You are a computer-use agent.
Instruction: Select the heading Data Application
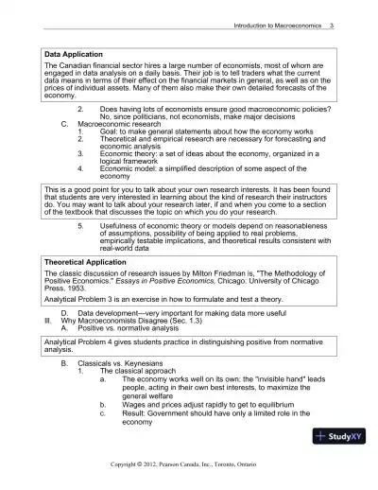78,54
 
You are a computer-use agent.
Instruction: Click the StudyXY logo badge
340,437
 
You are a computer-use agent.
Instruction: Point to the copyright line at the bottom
188,464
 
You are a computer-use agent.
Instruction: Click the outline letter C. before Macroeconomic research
64,149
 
